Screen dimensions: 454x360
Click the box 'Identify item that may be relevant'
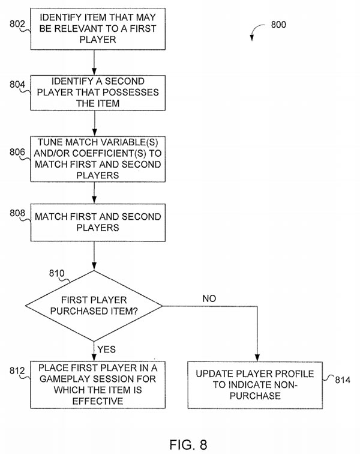pos(95,28)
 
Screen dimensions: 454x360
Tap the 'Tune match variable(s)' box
pos(95,159)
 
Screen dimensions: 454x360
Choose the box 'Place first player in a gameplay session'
pos(95,384)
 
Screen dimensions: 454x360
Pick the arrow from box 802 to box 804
pos(95,62)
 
